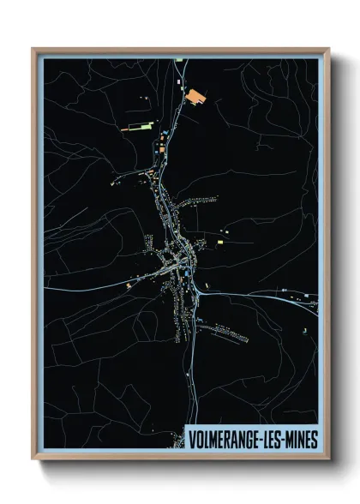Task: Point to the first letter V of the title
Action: (192, 439)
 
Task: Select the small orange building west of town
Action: (129, 284)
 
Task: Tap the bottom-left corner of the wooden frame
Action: (33, 459)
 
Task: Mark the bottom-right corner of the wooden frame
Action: (328, 459)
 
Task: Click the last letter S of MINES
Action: (315, 439)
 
